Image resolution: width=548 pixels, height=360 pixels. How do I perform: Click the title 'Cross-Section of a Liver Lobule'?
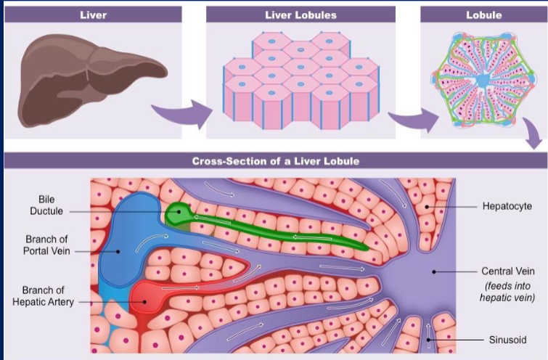(274, 161)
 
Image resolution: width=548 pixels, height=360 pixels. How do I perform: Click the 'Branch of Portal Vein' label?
(46, 245)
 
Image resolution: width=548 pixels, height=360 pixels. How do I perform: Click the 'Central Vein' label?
(507, 271)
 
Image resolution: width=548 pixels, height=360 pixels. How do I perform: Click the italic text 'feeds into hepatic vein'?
(507, 291)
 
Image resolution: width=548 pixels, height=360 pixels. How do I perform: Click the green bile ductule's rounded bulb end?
(177, 213)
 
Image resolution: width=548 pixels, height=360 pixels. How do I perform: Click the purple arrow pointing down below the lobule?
(534, 135)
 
